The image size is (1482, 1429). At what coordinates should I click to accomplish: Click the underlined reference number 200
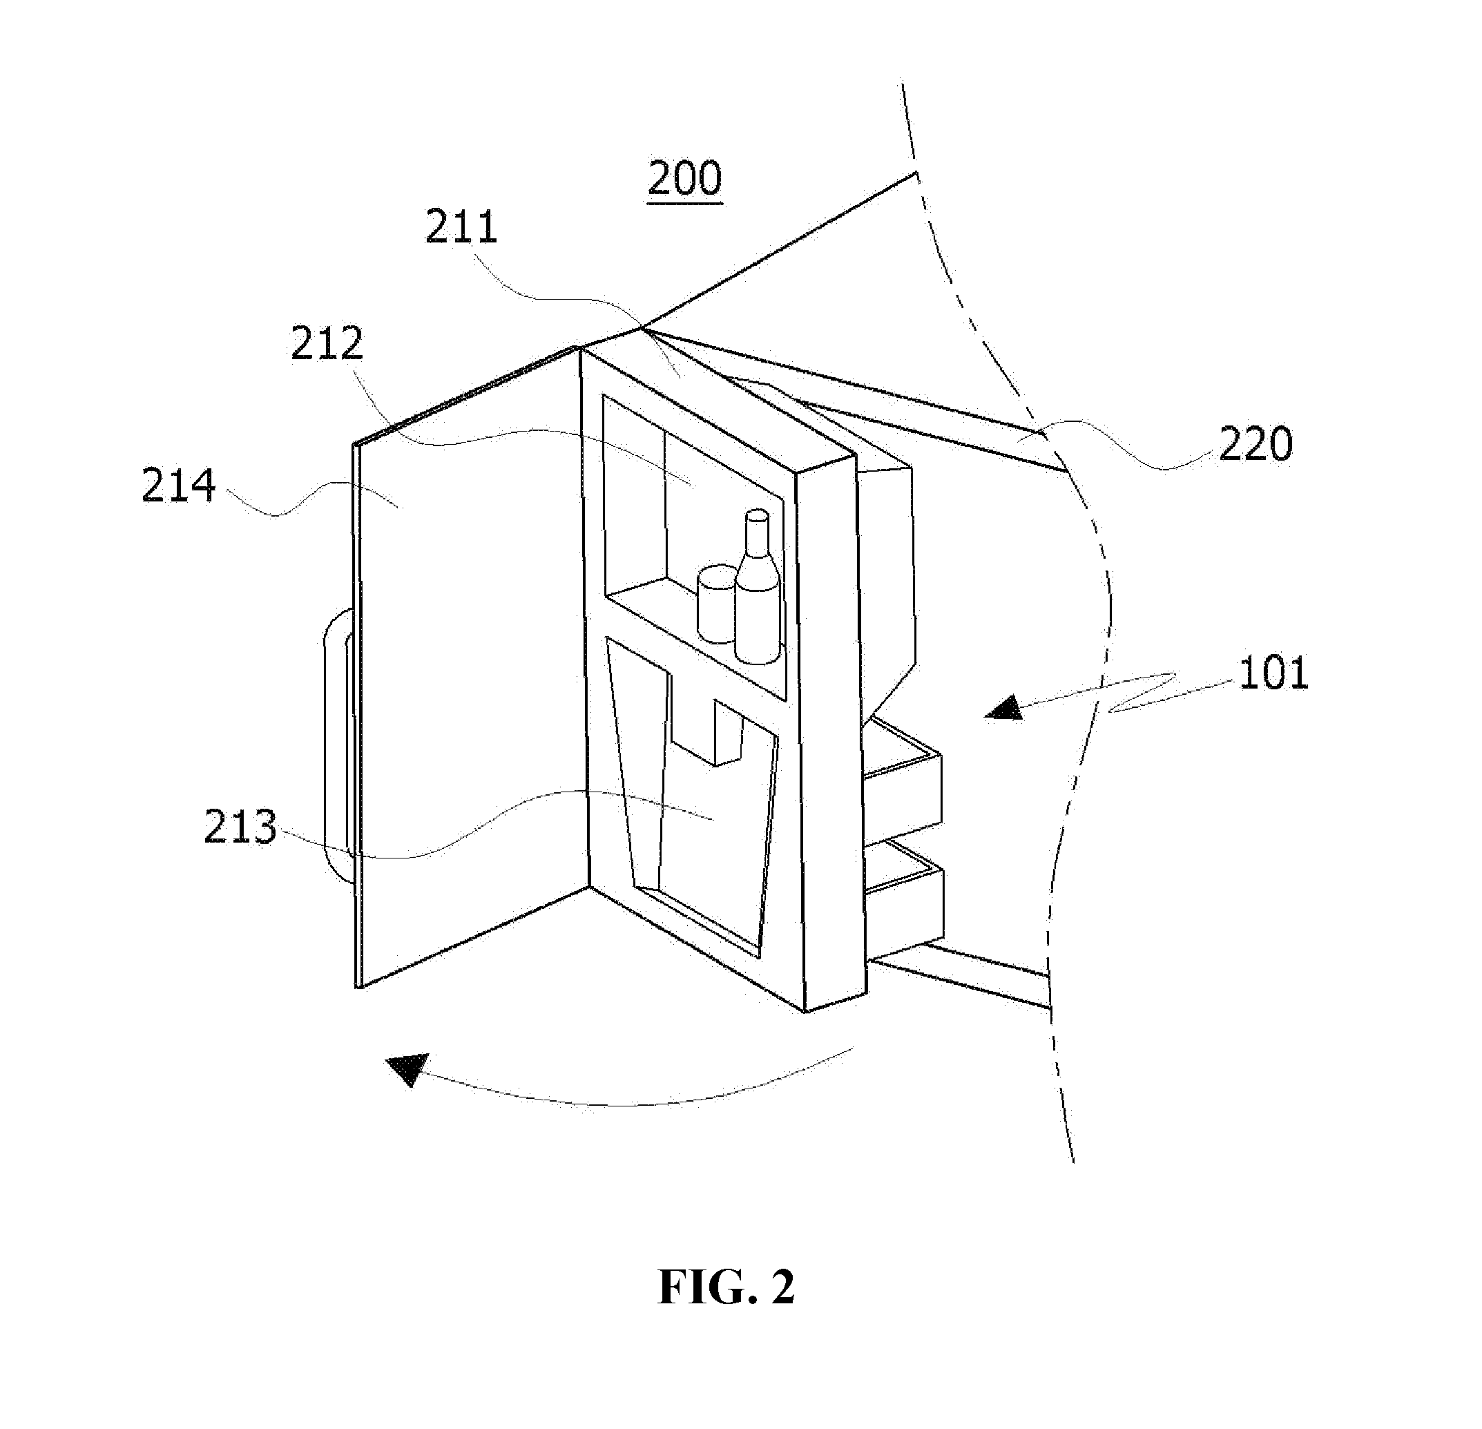tap(685, 179)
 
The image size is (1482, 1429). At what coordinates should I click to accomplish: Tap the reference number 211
tap(461, 227)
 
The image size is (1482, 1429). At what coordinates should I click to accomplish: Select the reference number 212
tap(327, 344)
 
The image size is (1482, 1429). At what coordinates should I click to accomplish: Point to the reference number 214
tap(179, 486)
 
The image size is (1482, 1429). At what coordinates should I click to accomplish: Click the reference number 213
tap(240, 827)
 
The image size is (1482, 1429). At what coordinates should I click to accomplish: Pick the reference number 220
tap(1255, 445)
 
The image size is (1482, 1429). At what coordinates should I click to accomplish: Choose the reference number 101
tap(1274, 673)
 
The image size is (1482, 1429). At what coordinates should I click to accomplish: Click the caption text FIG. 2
tap(726, 1287)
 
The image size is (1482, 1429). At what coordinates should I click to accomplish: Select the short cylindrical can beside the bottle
tap(717, 604)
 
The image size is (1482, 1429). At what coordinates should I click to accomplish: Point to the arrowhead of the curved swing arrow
tap(407, 1069)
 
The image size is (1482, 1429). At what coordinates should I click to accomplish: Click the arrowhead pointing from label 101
tap(1004, 709)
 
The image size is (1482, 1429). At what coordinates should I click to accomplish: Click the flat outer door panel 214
tap(469, 665)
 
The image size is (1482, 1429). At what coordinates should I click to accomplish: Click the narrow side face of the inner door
tap(830, 733)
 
